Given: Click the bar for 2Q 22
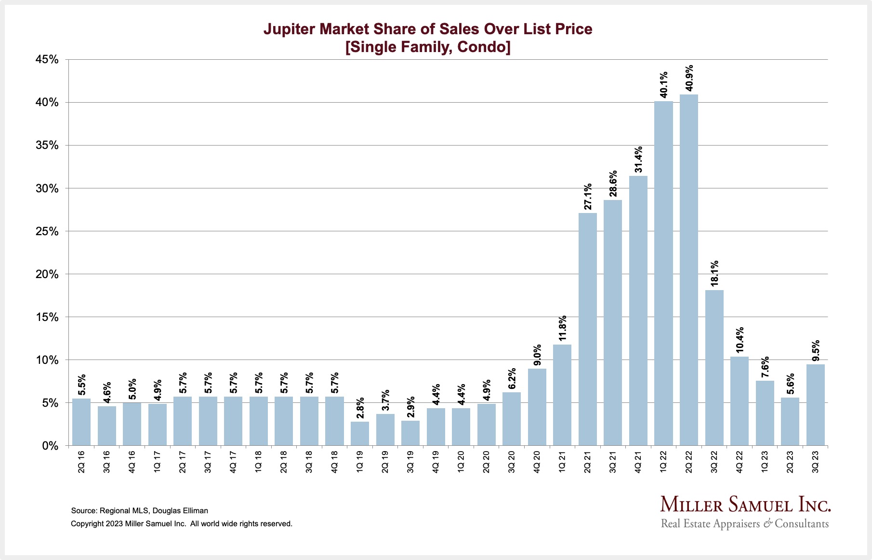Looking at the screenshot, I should [688, 270].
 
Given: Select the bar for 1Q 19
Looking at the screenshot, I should [359, 433].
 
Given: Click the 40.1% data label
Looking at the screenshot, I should [663, 84].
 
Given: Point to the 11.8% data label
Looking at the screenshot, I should [562, 328].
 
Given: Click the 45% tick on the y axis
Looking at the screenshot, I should [47, 60].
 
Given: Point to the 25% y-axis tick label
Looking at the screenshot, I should [47, 231].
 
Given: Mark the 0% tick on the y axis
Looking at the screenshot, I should [50, 446].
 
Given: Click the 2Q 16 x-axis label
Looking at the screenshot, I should [81, 461].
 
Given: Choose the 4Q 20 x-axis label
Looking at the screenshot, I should [537, 461].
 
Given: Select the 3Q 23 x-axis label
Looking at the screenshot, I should [815, 461].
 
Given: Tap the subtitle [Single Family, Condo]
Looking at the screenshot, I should [428, 47].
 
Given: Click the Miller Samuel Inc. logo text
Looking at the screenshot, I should [745, 505].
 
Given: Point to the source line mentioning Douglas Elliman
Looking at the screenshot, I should [139, 510].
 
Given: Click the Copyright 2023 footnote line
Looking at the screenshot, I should [181, 523].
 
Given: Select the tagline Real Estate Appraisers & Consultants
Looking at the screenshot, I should [745, 523].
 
